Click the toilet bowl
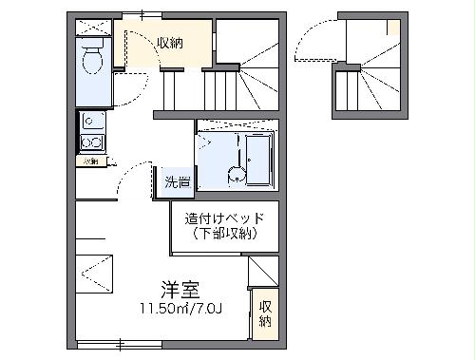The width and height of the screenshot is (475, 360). [x=93, y=63]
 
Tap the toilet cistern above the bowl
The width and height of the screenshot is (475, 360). [x=93, y=45]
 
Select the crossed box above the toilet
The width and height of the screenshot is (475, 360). [x=92, y=25]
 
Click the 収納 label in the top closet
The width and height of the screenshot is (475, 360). [x=171, y=43]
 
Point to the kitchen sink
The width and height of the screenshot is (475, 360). [x=92, y=121]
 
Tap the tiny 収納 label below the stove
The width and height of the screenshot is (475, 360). [x=90, y=161]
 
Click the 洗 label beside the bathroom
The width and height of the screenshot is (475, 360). [x=177, y=180]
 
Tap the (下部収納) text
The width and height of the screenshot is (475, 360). [x=224, y=234]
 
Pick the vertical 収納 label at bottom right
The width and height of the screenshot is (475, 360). [x=265, y=313]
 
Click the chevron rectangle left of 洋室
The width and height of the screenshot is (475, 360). [x=95, y=275]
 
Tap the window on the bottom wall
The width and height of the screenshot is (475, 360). [x=119, y=343]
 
